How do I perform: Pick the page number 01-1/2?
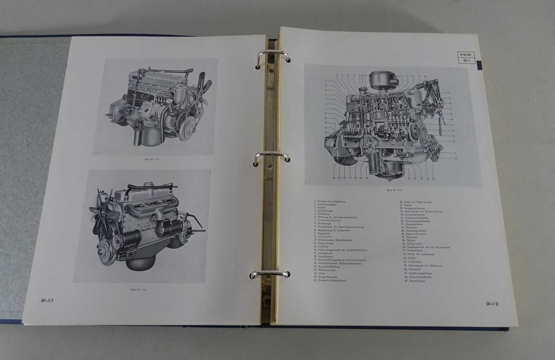tap(492, 304)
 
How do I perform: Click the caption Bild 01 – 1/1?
tap(152, 160)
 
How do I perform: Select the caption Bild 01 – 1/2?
tap(138, 290)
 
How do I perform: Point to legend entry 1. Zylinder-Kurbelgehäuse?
tap(330, 201)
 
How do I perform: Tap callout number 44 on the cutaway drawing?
tap(334, 178)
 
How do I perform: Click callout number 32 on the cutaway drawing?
tap(456, 158)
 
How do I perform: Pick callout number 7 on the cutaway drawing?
tap(326, 80)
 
